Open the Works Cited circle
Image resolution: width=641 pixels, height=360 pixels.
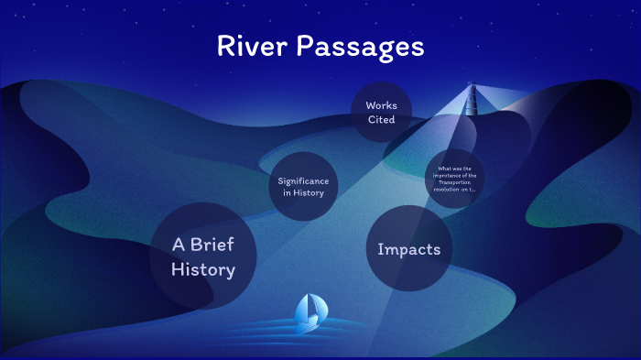[x=381, y=112]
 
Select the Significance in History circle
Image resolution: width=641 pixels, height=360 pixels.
[x=302, y=186]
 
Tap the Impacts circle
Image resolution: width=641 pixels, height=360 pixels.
[x=408, y=249]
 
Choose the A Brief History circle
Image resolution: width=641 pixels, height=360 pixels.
[x=203, y=256]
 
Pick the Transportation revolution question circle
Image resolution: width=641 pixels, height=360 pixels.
[x=455, y=179]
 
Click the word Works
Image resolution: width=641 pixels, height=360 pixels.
[x=381, y=105]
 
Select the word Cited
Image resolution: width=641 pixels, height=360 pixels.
[x=381, y=119]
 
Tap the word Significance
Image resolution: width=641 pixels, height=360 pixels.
[x=303, y=180]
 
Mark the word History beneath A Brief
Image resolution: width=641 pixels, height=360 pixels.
[x=203, y=269]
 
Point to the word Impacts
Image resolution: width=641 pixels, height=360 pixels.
[x=408, y=249]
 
